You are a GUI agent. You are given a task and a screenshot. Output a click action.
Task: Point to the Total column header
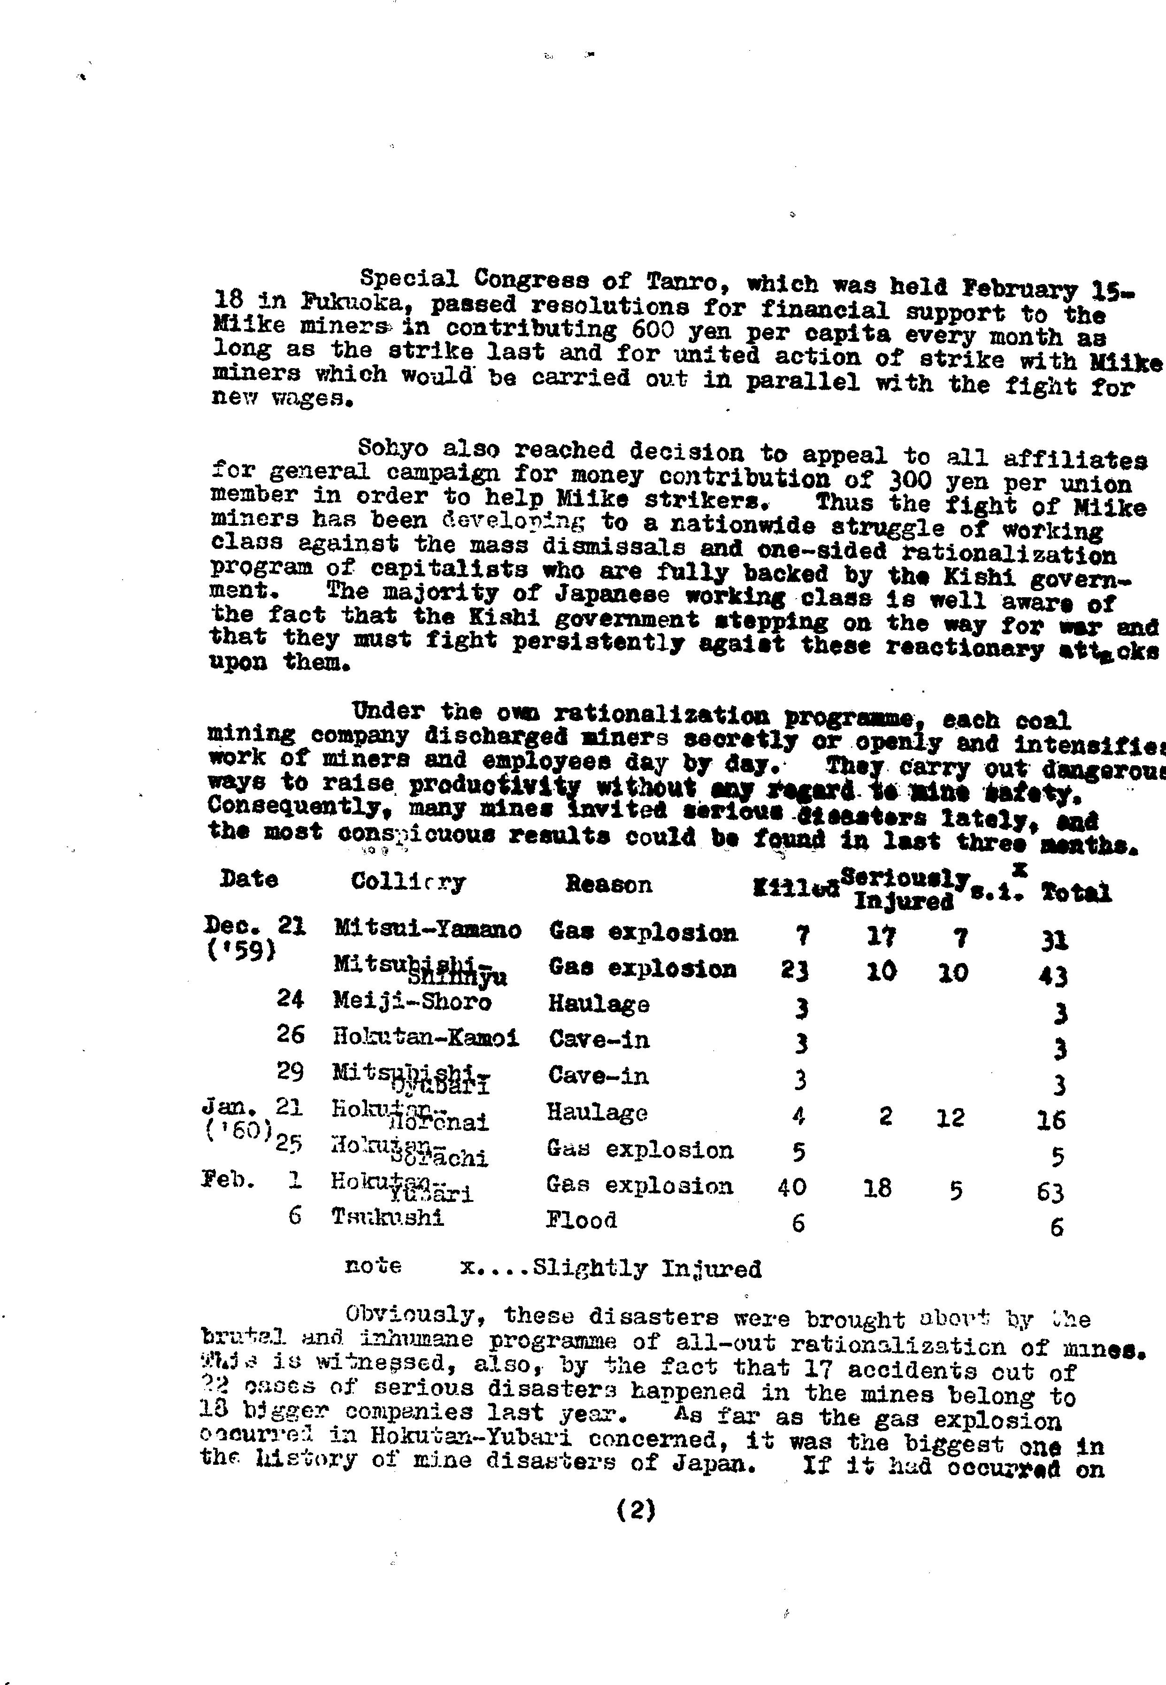coord(1076,892)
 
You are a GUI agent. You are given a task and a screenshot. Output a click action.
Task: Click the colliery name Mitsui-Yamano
coord(427,930)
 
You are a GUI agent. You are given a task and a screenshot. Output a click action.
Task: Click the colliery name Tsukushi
coord(387,1217)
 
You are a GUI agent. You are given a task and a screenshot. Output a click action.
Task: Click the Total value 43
coord(1053,976)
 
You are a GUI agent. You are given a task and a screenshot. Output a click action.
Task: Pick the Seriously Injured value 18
coord(877,1188)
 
